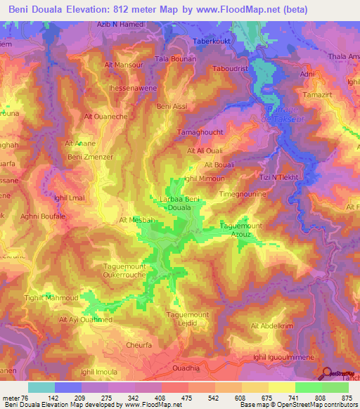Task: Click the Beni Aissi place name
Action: coord(173,106)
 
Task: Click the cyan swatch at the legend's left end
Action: coord(41,387)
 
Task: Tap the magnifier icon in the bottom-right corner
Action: coord(327,375)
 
